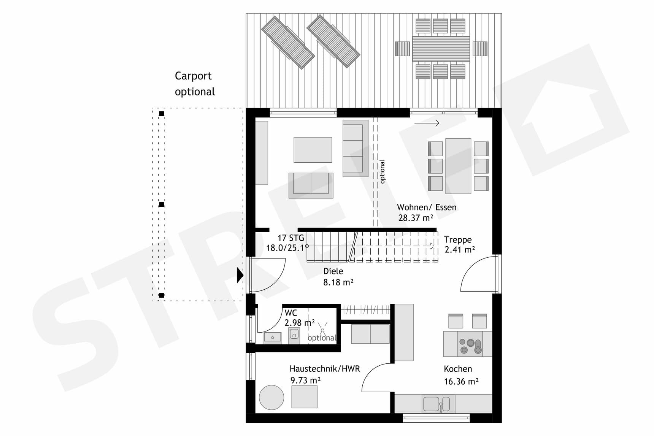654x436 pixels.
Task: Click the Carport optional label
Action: [x=194, y=84]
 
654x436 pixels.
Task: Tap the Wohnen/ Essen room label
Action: [x=427, y=207]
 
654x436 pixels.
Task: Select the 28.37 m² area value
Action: [x=416, y=218]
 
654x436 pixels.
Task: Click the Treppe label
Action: [x=458, y=240]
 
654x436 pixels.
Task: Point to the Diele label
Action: [x=333, y=271]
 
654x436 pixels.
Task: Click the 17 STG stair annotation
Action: [x=290, y=238]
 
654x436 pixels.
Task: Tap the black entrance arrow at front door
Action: [x=240, y=275]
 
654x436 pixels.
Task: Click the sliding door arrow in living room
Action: [x=427, y=123]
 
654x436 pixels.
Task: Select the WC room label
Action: [x=291, y=313]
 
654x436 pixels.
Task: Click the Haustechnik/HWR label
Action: [x=324, y=369]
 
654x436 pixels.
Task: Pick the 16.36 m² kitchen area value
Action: [x=461, y=381]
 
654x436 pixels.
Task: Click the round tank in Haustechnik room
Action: [x=271, y=397]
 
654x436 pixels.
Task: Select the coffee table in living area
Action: [x=313, y=150]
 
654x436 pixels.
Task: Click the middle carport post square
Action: [x=162, y=205]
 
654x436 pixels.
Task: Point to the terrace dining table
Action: [x=441, y=49]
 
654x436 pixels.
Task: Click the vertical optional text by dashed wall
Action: [x=382, y=171]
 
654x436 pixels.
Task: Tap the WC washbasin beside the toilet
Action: [x=272, y=337]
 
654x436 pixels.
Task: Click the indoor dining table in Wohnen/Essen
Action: [x=458, y=166]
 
